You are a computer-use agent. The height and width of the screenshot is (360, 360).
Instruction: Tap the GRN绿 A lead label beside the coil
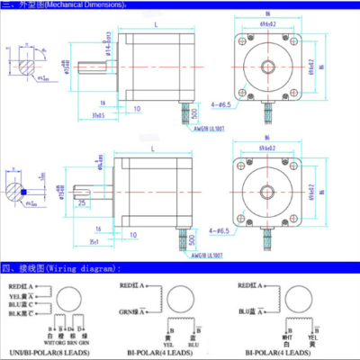133,312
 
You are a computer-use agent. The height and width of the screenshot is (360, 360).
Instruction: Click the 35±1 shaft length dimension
94,242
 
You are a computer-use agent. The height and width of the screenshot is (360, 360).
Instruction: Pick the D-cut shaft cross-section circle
18,65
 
